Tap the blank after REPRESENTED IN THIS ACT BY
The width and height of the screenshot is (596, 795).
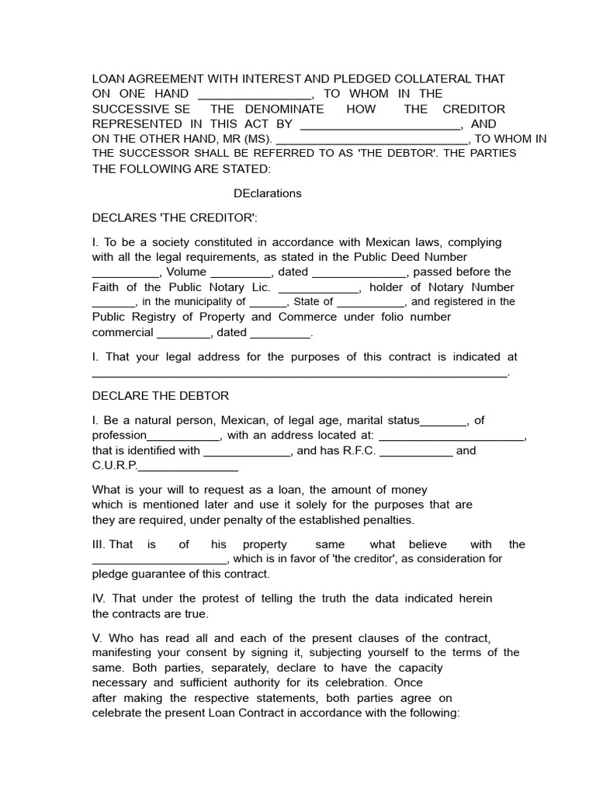point(380,124)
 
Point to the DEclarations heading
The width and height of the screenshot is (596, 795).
point(268,193)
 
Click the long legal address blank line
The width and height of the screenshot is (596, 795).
point(300,373)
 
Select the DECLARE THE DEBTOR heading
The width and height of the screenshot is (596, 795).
point(161,396)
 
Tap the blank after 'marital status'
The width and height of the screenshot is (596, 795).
point(444,422)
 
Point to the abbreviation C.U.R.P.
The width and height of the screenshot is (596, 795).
point(114,466)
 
